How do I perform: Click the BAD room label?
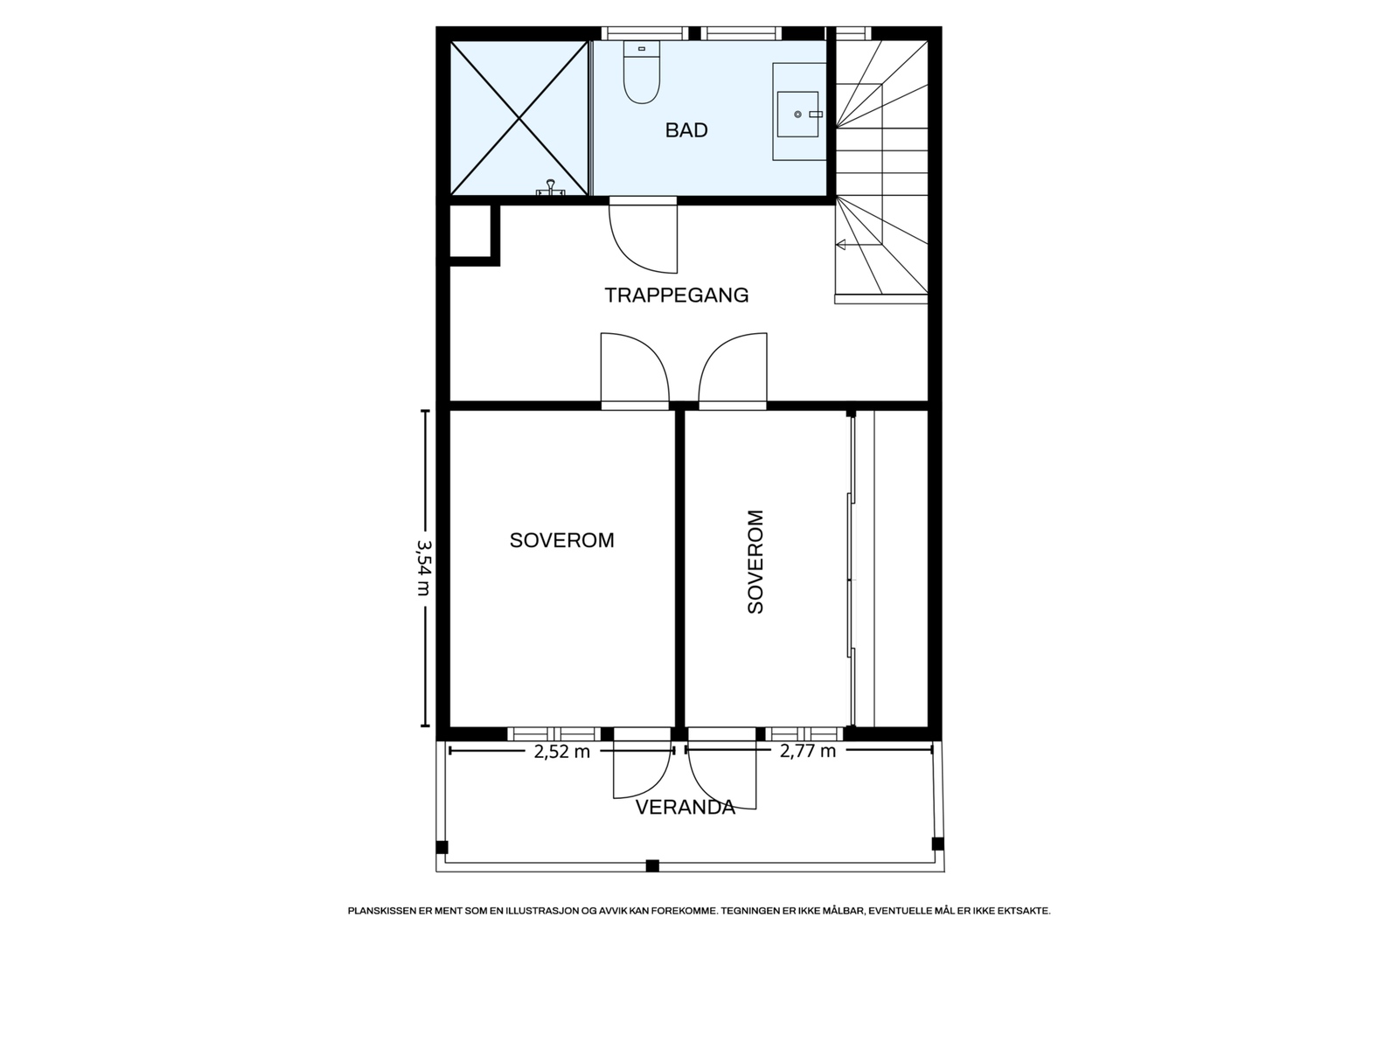click(686, 130)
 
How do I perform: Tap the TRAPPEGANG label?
click(676, 295)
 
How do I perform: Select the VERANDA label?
click(686, 808)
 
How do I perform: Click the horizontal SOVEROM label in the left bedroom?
click(561, 540)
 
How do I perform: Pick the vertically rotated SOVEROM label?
click(755, 562)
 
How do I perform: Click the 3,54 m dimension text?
click(424, 568)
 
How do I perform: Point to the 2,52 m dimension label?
click(562, 752)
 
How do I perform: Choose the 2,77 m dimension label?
click(808, 751)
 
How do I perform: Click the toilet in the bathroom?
click(641, 72)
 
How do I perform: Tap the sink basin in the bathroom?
click(797, 114)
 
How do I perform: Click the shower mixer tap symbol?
click(550, 188)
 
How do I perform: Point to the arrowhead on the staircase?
click(840, 245)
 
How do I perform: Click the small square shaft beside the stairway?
click(470, 231)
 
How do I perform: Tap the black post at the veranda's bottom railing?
click(652, 865)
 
